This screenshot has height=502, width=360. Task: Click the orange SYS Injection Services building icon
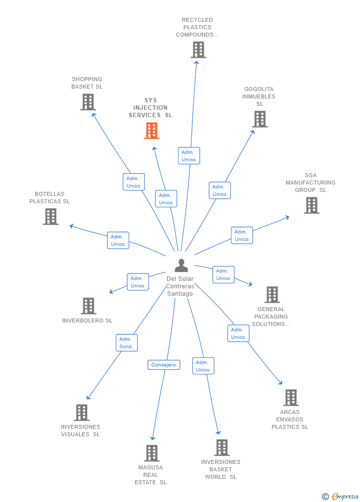pyautogui.click(x=152, y=131)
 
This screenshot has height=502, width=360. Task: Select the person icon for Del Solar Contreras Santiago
pyautogui.click(x=181, y=266)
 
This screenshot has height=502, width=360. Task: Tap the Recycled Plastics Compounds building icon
pyautogui.click(x=198, y=50)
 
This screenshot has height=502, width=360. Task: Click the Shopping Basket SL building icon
pyautogui.click(x=88, y=102)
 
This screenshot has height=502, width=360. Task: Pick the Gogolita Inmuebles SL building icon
pyautogui.click(x=260, y=119)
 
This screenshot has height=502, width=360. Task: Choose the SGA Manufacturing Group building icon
pyautogui.click(x=311, y=205)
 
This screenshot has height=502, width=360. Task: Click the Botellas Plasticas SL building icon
pyautogui.click(x=50, y=217)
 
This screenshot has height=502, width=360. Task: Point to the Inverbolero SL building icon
pyautogui.click(x=88, y=306)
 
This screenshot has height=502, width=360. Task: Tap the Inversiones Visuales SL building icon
pyautogui.click(x=82, y=412)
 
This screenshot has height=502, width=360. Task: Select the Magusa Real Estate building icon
pyautogui.click(x=152, y=453)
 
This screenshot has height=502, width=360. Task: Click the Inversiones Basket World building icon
pyautogui.click(x=222, y=448)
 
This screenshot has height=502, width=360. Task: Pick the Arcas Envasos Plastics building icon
pyautogui.click(x=291, y=397)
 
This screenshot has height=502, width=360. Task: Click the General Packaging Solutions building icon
pyautogui.click(x=272, y=295)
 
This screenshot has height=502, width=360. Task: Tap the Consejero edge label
pyautogui.click(x=164, y=365)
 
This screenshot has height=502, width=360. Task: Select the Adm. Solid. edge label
pyautogui.click(x=127, y=343)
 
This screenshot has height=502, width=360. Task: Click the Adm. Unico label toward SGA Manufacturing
pyautogui.click(x=241, y=235)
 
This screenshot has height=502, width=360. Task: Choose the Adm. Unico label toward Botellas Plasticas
pyautogui.click(x=118, y=240)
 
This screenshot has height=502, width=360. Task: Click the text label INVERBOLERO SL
pyautogui.click(x=87, y=320)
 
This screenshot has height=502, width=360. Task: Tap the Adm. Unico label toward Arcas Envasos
pyautogui.click(x=238, y=333)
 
